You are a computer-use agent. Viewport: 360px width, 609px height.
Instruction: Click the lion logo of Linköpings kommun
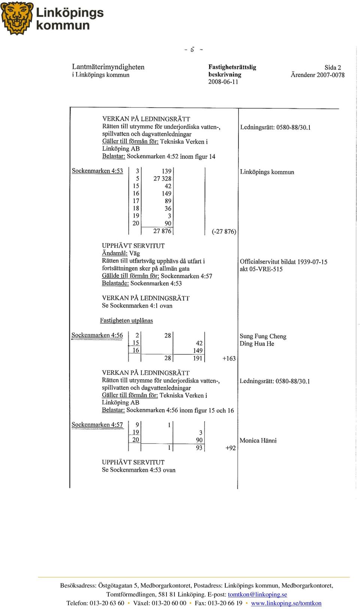(17, 18)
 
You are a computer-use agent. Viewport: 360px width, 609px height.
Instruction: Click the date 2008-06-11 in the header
(223, 82)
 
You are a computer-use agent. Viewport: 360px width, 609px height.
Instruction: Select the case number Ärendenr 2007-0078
(318, 75)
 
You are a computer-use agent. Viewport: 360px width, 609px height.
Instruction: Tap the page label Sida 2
(333, 67)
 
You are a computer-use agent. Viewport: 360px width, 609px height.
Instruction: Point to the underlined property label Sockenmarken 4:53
(97, 171)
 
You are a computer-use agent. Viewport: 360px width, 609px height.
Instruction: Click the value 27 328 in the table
(162, 178)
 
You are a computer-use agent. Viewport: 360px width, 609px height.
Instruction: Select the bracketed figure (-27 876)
(224, 231)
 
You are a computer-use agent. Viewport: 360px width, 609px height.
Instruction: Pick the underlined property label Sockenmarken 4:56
(97, 335)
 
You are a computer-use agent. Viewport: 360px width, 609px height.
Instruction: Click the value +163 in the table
(229, 358)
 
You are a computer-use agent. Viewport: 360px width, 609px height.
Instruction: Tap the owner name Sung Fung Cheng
(263, 336)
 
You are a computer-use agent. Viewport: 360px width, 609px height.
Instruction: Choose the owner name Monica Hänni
(258, 440)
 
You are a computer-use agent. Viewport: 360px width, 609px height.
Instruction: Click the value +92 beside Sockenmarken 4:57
(231, 448)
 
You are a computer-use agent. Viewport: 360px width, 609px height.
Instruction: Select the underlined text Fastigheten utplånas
(126, 320)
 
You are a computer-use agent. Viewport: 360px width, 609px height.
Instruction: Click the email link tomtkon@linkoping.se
(257, 594)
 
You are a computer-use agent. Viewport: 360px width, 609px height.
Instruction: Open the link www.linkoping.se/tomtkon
(286, 603)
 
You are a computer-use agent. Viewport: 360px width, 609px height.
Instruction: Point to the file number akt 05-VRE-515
(261, 269)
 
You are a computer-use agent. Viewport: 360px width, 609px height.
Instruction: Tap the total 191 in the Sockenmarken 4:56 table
(198, 358)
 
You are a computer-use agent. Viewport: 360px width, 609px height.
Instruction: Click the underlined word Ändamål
(115, 253)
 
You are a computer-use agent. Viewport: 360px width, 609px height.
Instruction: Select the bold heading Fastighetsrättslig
(232, 67)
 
